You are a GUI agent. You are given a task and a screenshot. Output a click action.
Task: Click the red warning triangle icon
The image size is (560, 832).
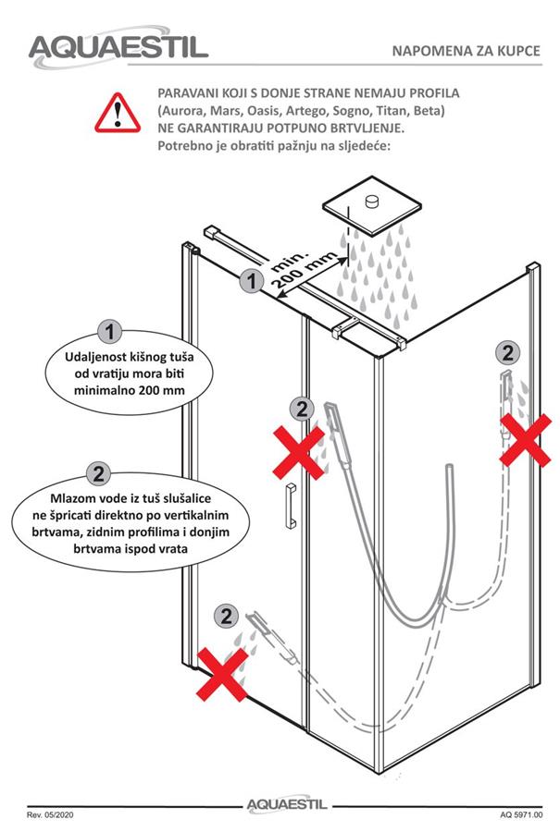coord(118,113)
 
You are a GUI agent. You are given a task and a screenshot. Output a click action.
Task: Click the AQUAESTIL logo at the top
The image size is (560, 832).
coord(118,47)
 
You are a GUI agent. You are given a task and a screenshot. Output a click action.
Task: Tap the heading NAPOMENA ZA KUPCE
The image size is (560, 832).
coord(466,51)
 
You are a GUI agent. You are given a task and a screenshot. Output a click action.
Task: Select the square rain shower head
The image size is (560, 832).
coord(372,205)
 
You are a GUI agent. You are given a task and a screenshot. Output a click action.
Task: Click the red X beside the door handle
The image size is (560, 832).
coord(299,453)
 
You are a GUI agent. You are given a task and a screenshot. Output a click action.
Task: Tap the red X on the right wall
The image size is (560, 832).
coord(526,440)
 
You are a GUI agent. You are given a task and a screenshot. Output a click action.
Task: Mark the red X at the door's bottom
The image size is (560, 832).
coord(222,674)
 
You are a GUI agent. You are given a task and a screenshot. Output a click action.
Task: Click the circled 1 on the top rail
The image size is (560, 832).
coord(252,280)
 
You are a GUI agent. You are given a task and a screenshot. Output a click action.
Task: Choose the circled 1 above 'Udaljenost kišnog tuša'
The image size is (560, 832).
coord(110,332)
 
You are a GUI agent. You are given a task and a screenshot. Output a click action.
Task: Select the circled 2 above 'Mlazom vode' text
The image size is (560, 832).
coord(98,472)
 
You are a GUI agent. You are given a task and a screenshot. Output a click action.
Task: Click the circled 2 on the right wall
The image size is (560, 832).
coord(507,353)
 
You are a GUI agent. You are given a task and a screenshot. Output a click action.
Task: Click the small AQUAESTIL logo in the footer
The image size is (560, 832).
coord(287,805)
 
